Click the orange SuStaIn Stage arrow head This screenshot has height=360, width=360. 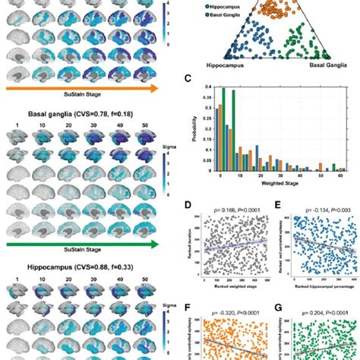point(156,89)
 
